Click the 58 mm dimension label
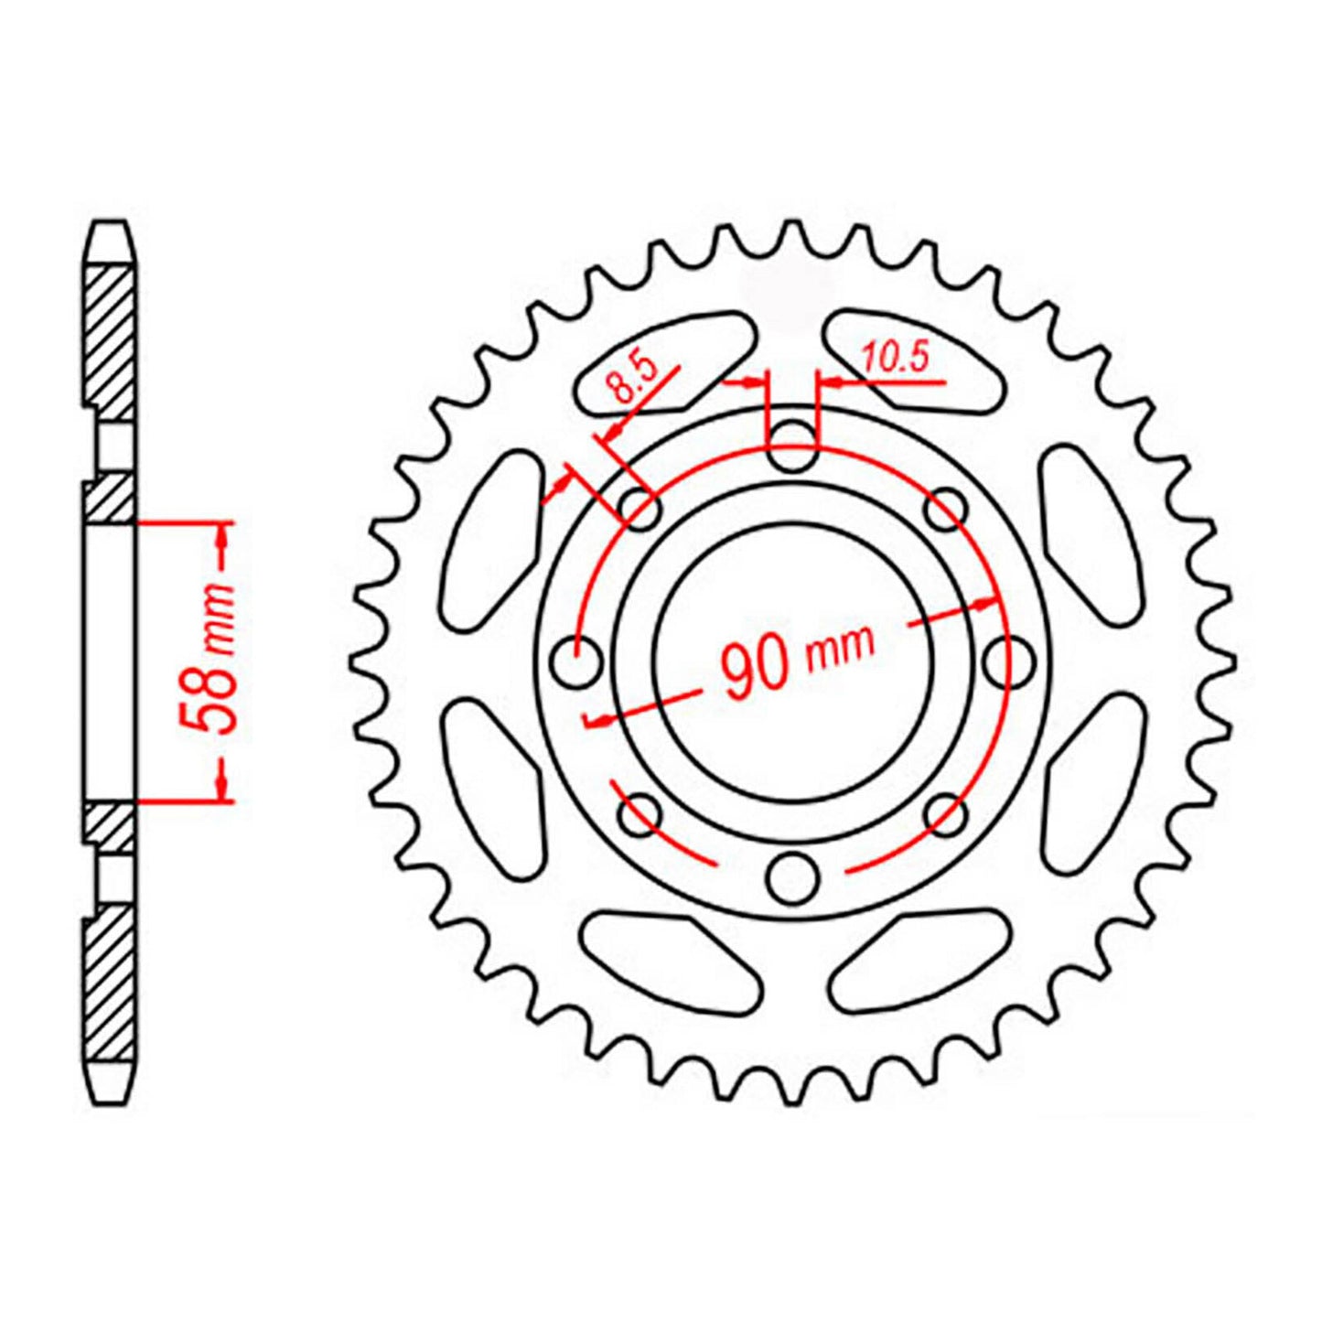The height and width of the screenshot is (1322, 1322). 209,659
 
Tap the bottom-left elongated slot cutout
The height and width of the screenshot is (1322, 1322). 671,961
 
